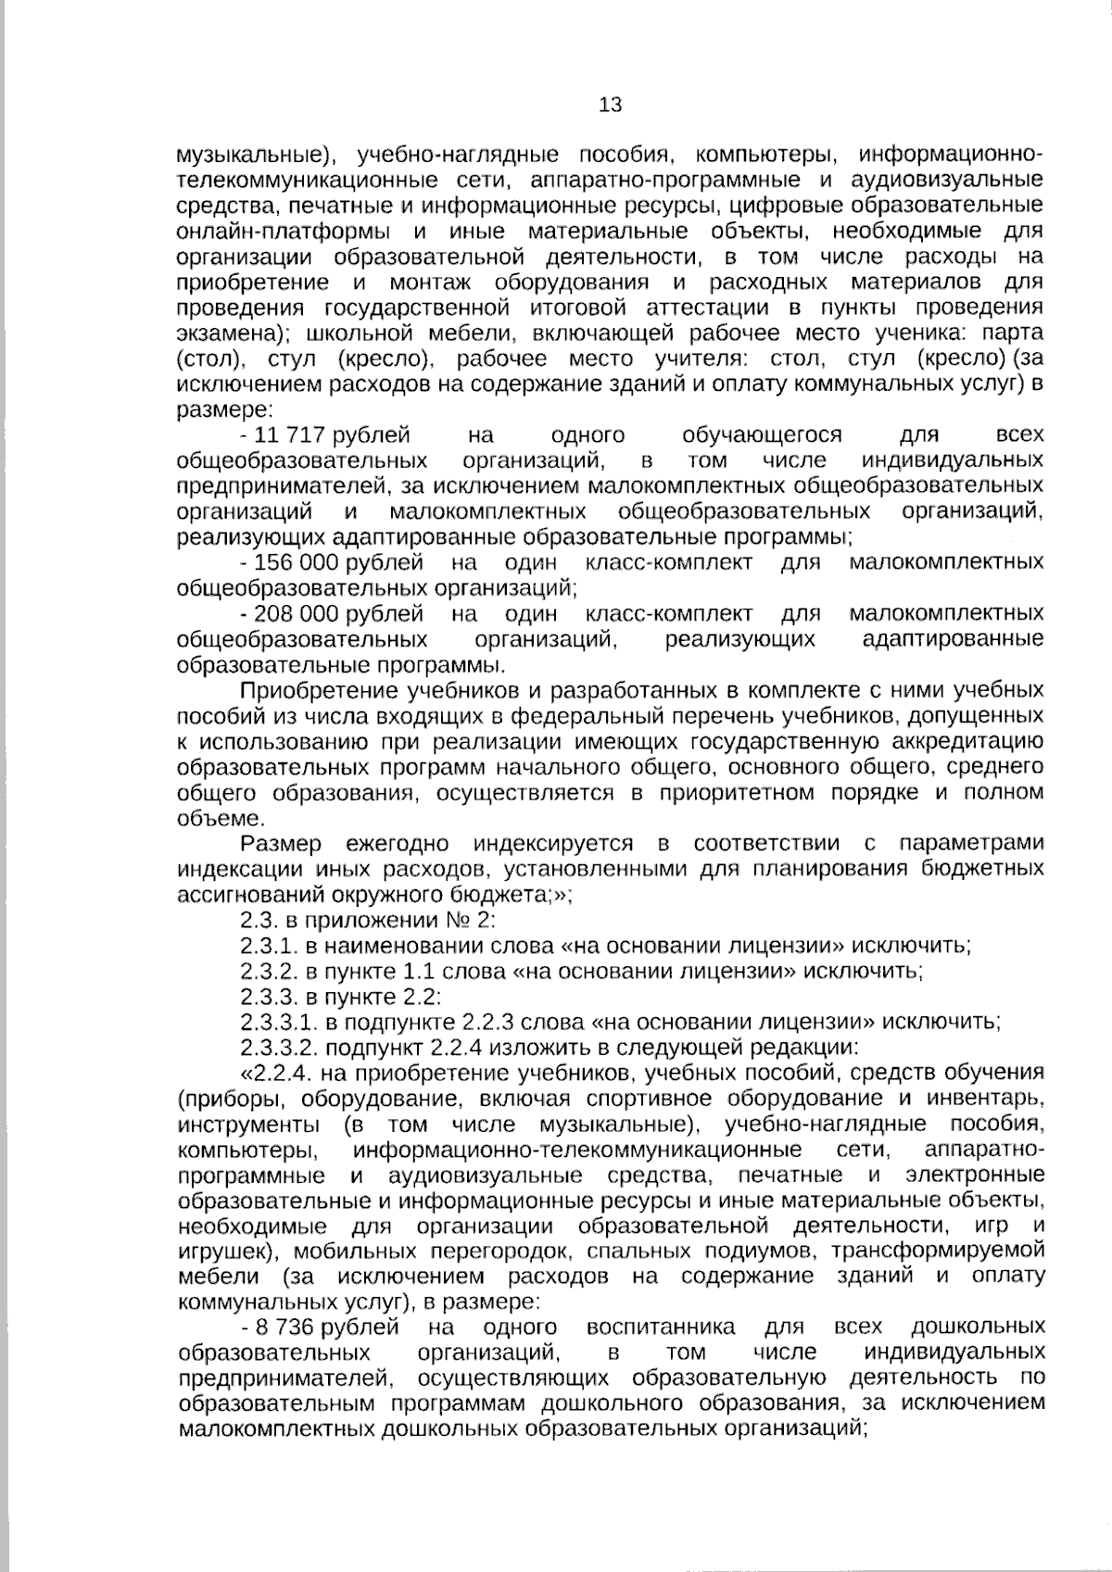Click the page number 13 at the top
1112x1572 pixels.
611,105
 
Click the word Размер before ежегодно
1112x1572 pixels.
281,843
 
